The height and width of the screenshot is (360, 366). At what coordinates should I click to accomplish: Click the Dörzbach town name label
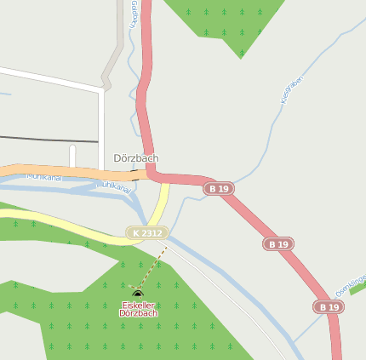[136, 158]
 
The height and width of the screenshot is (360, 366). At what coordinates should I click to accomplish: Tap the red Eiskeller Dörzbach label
[139, 309]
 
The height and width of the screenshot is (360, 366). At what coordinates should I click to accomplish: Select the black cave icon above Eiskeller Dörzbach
[138, 294]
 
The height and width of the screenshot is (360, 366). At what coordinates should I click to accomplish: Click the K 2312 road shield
[147, 232]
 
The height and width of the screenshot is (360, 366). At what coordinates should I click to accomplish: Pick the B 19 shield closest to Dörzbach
[219, 188]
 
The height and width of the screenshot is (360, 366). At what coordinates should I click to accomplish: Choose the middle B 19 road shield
[277, 243]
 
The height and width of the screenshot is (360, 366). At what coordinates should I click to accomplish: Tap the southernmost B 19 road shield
[328, 306]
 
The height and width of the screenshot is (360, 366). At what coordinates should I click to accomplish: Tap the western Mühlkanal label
[44, 176]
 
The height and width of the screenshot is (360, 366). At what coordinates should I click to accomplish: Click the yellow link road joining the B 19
[161, 204]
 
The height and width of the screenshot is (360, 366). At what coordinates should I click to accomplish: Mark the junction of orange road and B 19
[150, 174]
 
